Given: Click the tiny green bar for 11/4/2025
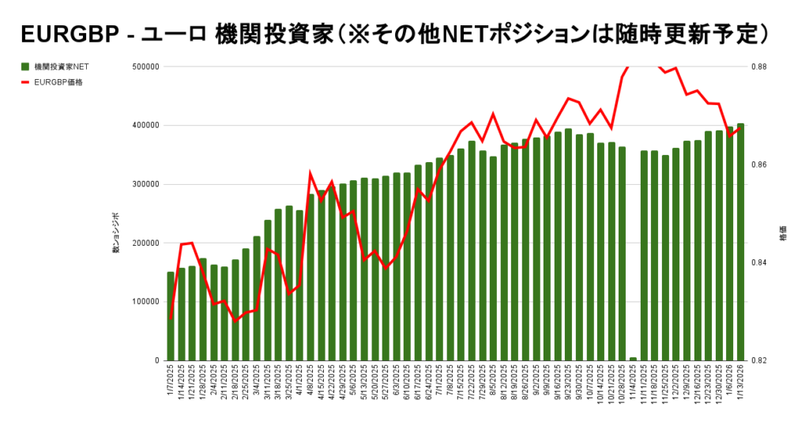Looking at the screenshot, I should (633, 359).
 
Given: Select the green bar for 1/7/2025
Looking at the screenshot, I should (171, 316).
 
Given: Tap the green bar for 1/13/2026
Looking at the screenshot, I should (740, 242).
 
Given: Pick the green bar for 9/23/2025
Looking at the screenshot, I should (568, 244).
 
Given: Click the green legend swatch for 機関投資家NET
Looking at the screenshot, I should (25, 66).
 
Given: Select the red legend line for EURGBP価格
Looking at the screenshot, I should (25, 81).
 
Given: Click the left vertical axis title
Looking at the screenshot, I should (116, 232).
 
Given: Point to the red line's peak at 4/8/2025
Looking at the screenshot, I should (310, 173).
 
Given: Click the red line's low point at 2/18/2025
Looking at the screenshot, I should (235, 320).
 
